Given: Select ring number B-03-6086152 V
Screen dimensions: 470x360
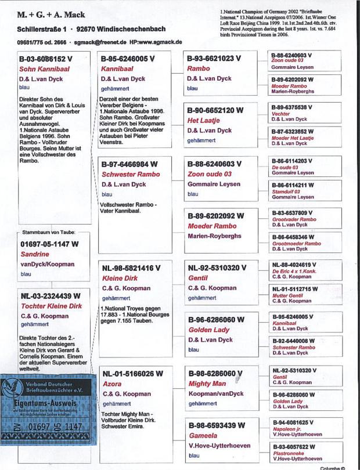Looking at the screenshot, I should (x=45, y=59).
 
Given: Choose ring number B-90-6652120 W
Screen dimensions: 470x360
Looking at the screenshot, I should (x=215, y=110).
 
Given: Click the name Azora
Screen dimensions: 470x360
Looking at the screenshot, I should (x=113, y=384).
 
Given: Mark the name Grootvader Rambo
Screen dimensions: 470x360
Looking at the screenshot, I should (x=294, y=219).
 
